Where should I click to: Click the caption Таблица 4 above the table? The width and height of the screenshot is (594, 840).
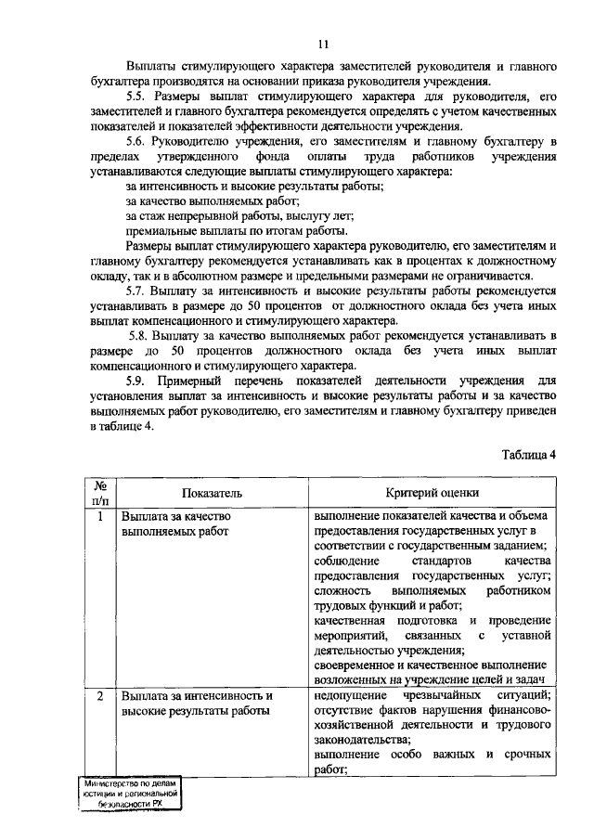tap(528, 454)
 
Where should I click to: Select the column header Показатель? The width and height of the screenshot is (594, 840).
tap(213, 494)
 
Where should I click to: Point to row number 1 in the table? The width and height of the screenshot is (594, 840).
tap(99, 516)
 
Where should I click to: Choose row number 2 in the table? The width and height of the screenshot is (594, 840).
tap(99, 695)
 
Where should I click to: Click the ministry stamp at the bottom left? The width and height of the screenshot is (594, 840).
tap(129, 795)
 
